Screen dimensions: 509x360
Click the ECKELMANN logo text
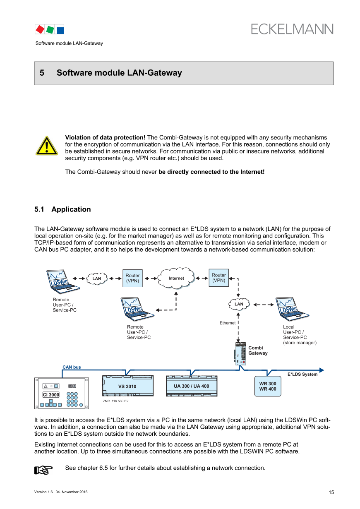(x=292, y=29)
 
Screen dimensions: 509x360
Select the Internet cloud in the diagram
(x=177, y=278)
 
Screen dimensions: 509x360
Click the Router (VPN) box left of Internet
(x=132, y=278)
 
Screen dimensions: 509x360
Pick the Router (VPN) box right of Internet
(x=218, y=278)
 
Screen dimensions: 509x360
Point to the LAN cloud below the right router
(x=239, y=304)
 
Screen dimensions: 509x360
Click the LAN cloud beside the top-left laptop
(x=97, y=279)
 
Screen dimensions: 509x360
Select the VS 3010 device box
(x=127, y=386)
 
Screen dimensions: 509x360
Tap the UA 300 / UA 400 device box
(x=191, y=386)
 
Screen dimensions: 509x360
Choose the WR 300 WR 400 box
(x=267, y=386)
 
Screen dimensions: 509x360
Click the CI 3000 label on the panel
(x=51, y=395)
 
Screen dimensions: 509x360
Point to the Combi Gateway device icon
(x=240, y=353)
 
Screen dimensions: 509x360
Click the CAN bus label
(x=72, y=367)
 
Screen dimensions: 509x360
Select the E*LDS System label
(x=302, y=375)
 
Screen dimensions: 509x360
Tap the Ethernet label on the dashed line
(x=228, y=323)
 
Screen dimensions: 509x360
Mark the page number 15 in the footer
(x=331, y=492)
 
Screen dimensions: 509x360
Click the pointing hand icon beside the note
(x=43, y=469)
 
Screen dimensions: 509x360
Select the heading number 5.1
(x=40, y=209)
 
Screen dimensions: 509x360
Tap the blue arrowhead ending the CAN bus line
(x=322, y=370)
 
